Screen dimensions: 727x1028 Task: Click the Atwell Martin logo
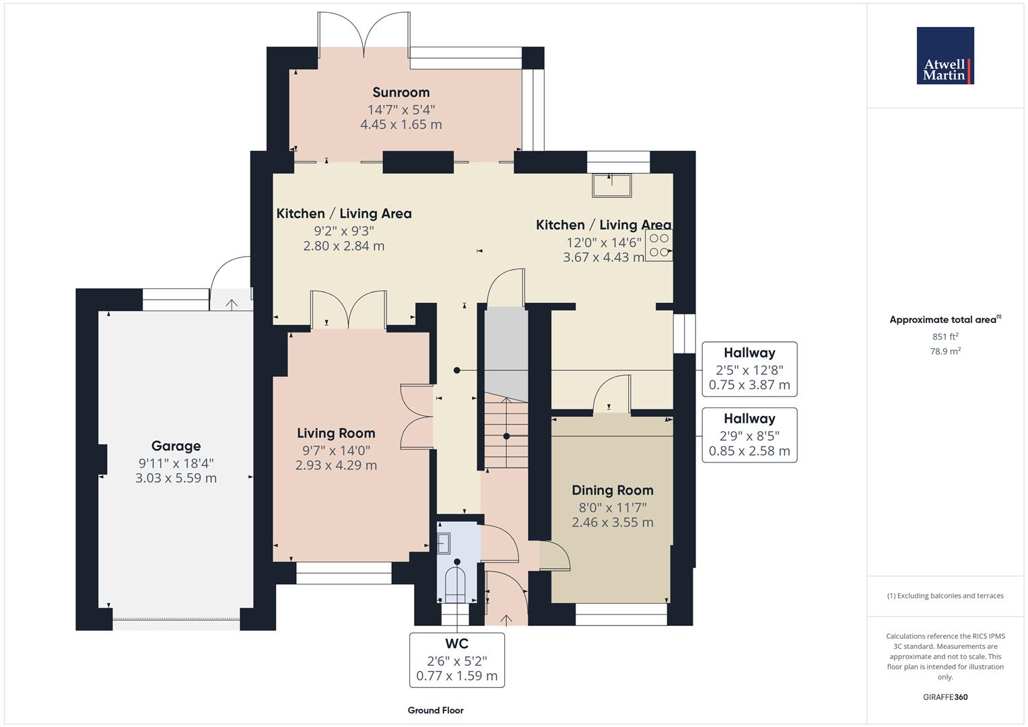[945, 56]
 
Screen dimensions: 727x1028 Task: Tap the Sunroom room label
[401, 92]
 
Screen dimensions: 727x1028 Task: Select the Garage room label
[176, 446]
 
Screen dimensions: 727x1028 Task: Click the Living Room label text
[336, 433]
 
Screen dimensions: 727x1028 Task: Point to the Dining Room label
[612, 490]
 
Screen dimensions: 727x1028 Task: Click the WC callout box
[456, 660]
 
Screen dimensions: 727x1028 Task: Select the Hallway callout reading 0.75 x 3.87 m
[749, 369]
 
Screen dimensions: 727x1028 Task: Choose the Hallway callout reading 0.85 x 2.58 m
[749, 435]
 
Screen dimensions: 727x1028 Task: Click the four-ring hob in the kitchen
[659, 246]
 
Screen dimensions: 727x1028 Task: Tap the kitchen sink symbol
[611, 185]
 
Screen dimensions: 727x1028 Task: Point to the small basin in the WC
[444, 542]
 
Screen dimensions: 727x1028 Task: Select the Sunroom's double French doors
[364, 32]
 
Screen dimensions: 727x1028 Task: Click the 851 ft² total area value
[945, 337]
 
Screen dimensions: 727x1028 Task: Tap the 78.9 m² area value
[945, 351]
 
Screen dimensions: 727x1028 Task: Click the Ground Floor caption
[436, 710]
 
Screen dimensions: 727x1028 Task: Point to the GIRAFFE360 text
[945, 697]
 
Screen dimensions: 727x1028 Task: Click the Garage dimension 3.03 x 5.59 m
[176, 479]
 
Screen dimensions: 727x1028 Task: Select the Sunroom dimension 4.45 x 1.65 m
[401, 125]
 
